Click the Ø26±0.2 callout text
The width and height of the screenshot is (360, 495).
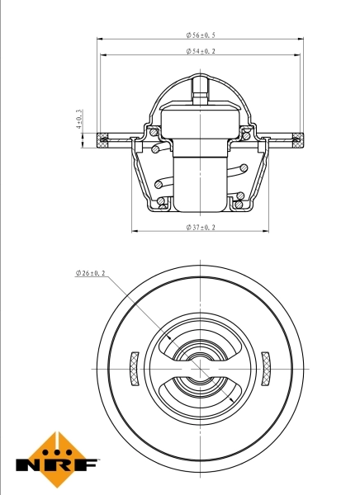point(93,272)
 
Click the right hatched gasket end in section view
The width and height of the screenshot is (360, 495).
point(295,138)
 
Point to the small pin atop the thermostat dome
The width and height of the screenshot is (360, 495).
point(200,86)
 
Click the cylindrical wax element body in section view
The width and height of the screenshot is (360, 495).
point(200,177)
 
